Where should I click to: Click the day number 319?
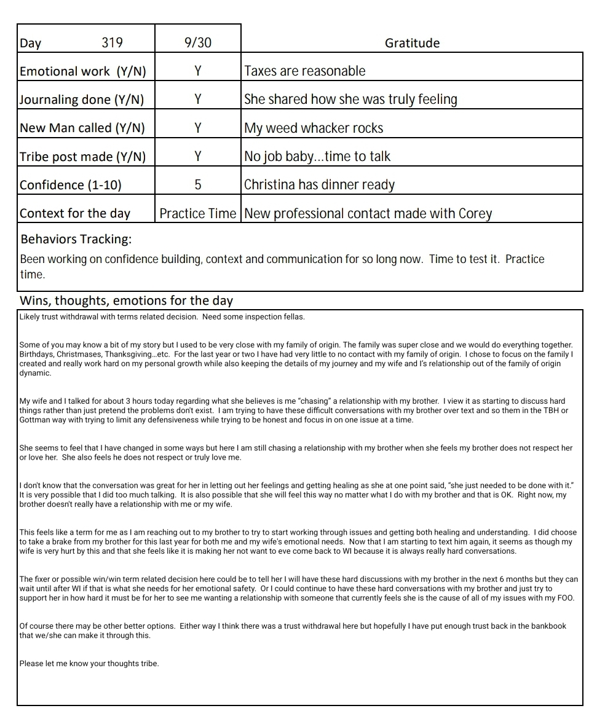112,43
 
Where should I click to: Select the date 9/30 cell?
197,43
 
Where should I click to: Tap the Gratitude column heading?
412,43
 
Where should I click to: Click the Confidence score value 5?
197,185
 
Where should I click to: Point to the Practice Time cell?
197,213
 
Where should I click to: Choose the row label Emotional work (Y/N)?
83,71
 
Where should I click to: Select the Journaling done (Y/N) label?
83,100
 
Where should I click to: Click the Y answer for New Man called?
197,128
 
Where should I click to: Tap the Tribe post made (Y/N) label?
83,157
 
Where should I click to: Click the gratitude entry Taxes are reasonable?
305,71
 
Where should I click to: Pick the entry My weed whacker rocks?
314,128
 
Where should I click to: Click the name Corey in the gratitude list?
475,213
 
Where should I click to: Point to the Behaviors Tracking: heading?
76,238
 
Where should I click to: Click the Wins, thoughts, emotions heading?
127,301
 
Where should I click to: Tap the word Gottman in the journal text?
34,420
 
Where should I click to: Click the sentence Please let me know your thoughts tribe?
89,663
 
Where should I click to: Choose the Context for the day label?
75,213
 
